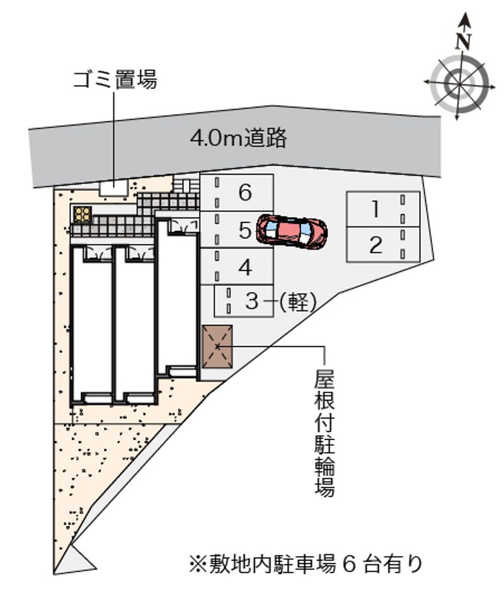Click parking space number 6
pyautogui.click(x=236, y=193)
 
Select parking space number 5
pyautogui.click(x=236, y=230)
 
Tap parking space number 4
pyautogui.click(x=236, y=266)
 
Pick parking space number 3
pyautogui.click(x=244, y=301)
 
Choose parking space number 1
pyautogui.click(x=383, y=209)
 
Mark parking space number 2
pyautogui.click(x=383, y=245)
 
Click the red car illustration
pyautogui.click(x=292, y=232)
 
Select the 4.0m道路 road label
pyautogui.click(x=238, y=138)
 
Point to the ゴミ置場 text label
pyautogui.click(x=115, y=79)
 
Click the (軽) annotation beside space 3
pyautogui.click(x=297, y=302)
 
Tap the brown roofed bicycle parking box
pyautogui.click(x=217, y=346)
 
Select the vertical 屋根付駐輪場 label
pyautogui.click(x=324, y=433)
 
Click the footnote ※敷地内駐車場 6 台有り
pyautogui.click(x=306, y=564)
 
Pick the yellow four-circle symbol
pyautogui.click(x=83, y=214)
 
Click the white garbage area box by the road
pyautogui.click(x=113, y=187)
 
